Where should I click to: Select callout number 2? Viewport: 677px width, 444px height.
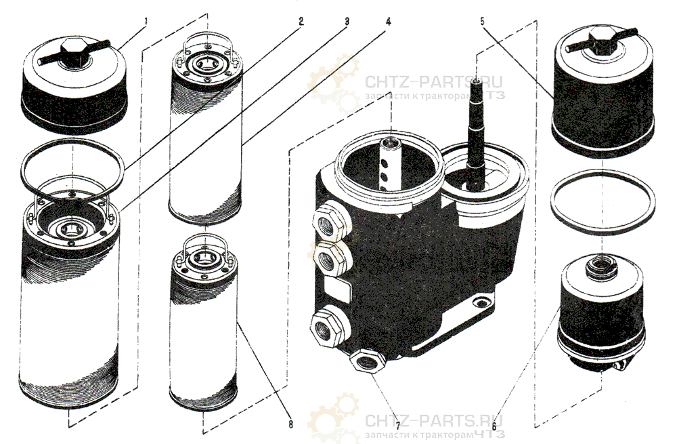[301, 21]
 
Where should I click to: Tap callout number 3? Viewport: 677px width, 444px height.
[346, 22]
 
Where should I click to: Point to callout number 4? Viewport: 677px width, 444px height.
[389, 22]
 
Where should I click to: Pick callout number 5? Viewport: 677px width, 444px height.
[482, 20]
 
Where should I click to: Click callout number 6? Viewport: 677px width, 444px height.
[494, 420]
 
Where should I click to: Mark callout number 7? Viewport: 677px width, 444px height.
[397, 419]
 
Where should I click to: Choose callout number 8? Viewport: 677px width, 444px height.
[290, 424]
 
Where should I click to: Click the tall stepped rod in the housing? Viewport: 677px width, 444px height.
[476, 134]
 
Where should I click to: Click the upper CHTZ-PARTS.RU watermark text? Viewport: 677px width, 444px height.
[433, 81]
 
